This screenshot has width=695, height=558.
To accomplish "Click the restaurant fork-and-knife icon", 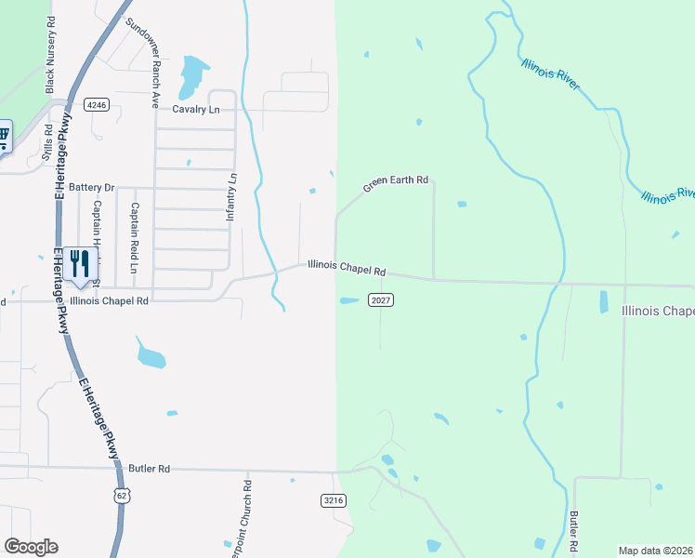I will (x=80, y=264).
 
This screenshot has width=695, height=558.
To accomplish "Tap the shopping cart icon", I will (x=3, y=137).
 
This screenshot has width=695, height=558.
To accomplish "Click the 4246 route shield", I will (x=97, y=105).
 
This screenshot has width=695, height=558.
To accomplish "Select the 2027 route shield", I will (x=381, y=299).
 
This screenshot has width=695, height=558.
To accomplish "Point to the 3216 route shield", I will (x=334, y=500).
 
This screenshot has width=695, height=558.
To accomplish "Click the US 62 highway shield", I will (x=121, y=496).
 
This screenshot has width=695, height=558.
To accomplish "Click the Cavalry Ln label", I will (x=195, y=109).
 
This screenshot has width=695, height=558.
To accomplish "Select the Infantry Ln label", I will (x=232, y=196).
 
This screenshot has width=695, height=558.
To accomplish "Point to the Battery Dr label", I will (x=90, y=187).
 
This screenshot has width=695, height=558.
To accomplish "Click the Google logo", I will (x=31, y=547).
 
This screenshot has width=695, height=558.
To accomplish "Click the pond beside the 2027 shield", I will (x=348, y=300).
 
